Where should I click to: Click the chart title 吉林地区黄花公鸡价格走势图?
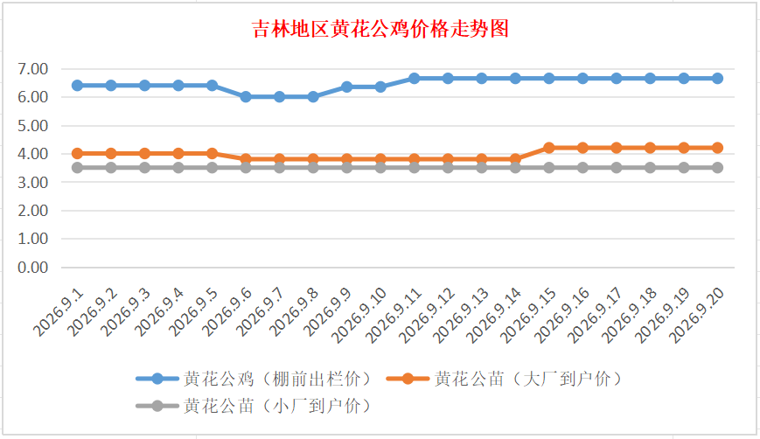click(x=380, y=29)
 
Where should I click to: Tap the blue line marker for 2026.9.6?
click(x=246, y=97)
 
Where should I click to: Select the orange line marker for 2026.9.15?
click(x=549, y=148)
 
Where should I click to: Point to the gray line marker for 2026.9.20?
click(x=717, y=168)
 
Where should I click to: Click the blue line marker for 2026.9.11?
click(x=415, y=79)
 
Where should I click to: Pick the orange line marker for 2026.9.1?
click(x=77, y=154)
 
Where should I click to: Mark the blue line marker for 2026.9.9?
click(x=347, y=87)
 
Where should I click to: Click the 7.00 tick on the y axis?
click(x=33, y=69)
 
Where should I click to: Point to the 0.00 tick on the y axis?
click(x=33, y=268)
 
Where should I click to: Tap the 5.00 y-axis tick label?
click(x=33, y=126)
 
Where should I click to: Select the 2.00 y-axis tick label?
click(x=33, y=211)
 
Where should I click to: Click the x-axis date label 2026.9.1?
click(x=59, y=312)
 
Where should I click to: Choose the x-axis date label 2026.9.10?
click(x=359, y=315)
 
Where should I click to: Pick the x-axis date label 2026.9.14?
click(x=494, y=315)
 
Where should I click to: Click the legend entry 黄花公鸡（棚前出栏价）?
click(x=255, y=379)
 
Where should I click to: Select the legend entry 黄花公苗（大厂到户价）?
click(x=505, y=379)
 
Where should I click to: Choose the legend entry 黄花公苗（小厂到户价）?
click(x=255, y=406)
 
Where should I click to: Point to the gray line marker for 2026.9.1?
click(x=77, y=168)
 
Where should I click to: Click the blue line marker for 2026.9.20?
click(x=717, y=79)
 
